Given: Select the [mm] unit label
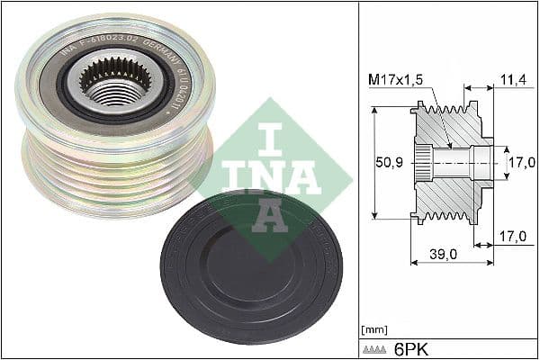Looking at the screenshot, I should point(372,329).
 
